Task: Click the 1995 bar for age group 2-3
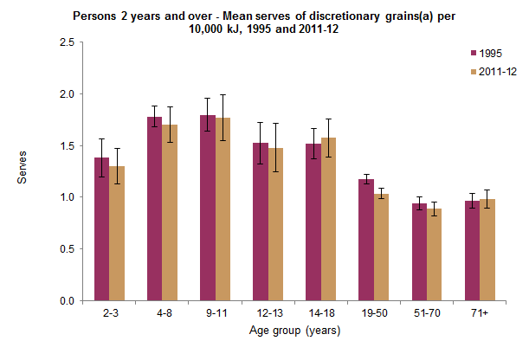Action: [101, 229]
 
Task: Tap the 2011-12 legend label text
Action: [499, 71]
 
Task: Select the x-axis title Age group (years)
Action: [294, 331]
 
